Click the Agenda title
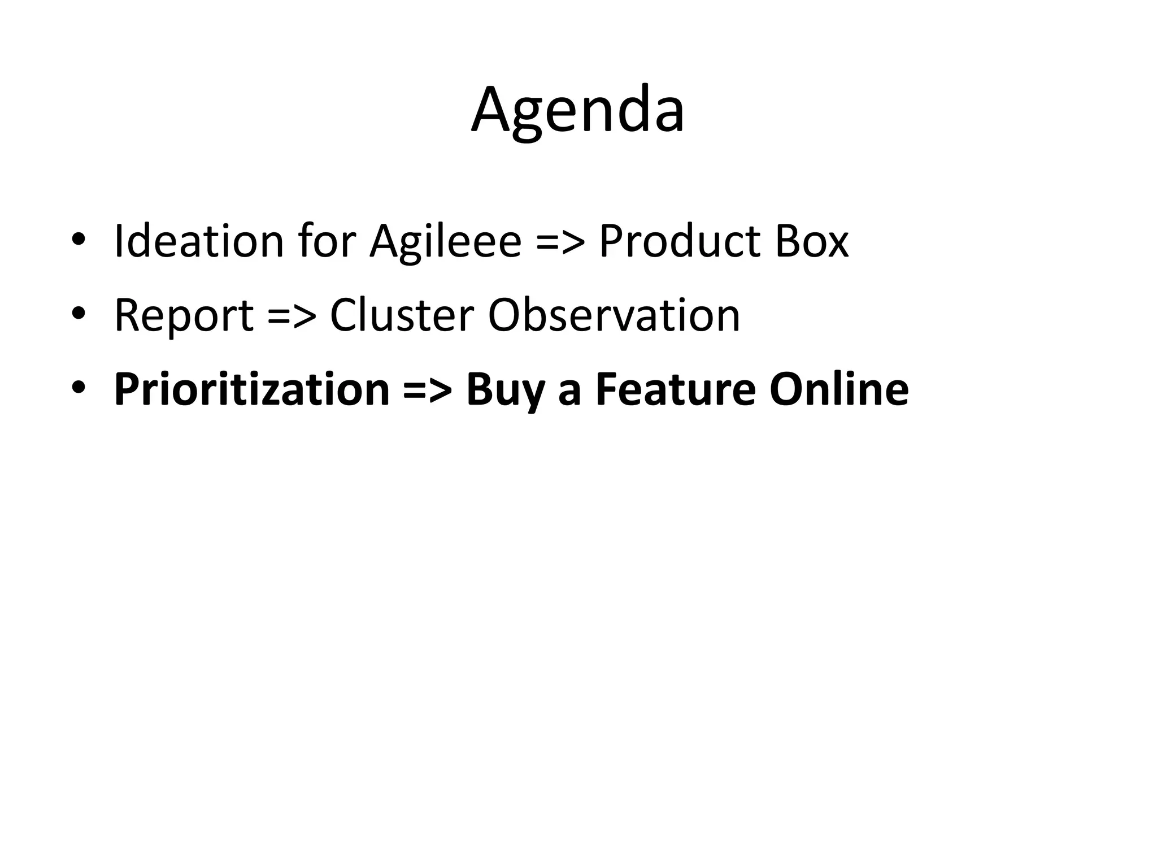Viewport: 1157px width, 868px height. [578, 111]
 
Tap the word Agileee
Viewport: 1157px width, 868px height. [445, 242]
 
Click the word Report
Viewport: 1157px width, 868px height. [184, 315]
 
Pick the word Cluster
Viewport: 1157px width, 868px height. [402, 315]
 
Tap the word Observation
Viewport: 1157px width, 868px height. [614, 315]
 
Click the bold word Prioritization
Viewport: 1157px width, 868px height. [252, 389]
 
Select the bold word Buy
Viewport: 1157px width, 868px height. [506, 390]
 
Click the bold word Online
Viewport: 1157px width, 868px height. [839, 389]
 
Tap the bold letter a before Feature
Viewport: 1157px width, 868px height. [569, 393]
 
